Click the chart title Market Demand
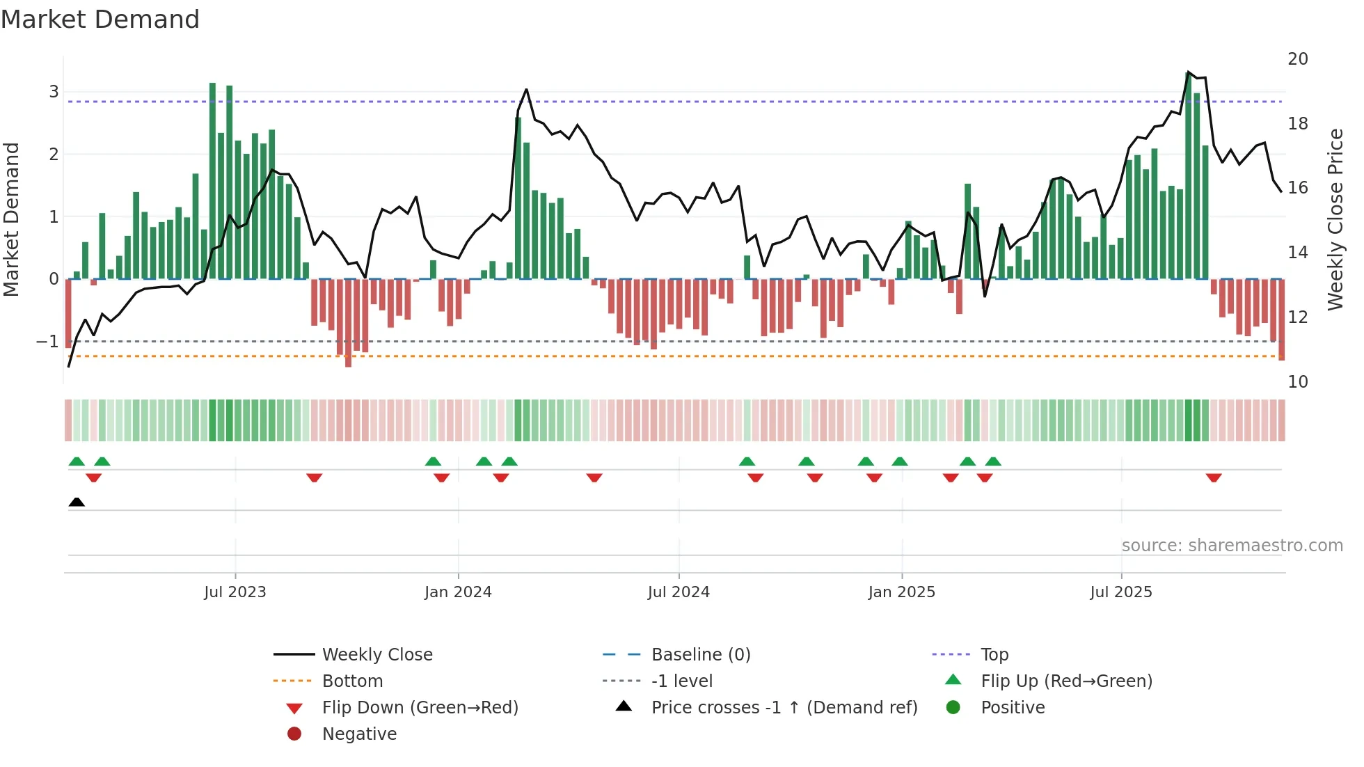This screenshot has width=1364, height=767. pos(100,19)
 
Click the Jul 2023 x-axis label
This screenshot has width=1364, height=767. pos(235,592)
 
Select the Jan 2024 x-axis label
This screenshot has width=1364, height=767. pos(458,592)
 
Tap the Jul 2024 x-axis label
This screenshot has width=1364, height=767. pos(679,592)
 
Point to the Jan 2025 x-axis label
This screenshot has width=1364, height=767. pos(902,592)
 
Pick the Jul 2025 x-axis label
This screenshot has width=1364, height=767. pos(1121,592)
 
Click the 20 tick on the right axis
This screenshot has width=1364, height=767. pos(1297,59)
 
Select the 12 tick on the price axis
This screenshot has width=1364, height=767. pos(1297,317)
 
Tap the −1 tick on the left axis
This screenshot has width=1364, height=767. pos(47,342)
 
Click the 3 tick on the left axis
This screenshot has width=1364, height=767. pos(54,92)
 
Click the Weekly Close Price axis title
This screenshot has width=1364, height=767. pos(1335,219)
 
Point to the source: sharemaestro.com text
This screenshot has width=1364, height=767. pos(1232,546)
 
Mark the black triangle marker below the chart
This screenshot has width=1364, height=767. pos(77,503)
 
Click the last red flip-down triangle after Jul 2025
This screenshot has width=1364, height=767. pos(1214,478)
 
